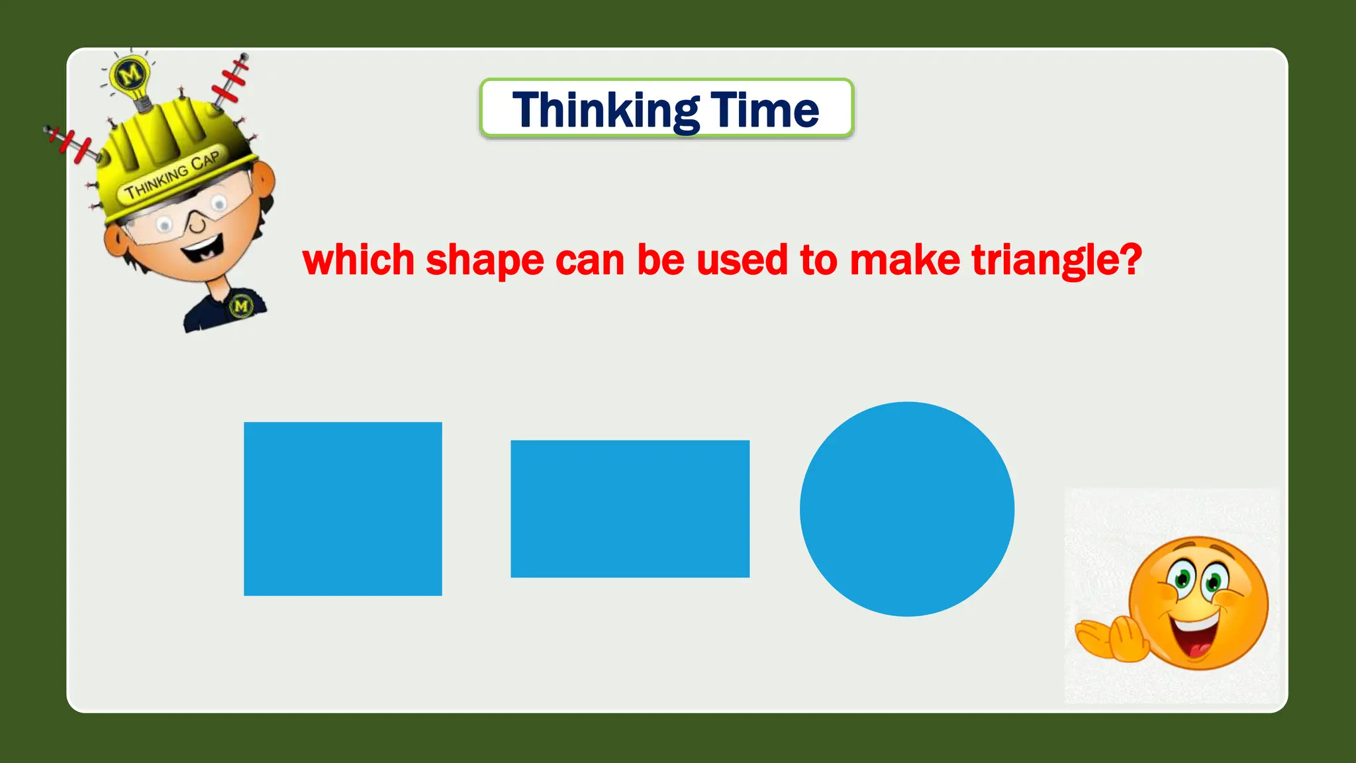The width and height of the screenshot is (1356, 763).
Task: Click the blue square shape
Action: (343, 509)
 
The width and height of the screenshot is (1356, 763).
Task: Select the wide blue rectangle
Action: (630, 509)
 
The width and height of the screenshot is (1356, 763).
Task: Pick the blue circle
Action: (907, 509)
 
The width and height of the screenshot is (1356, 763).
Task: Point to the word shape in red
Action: (485, 260)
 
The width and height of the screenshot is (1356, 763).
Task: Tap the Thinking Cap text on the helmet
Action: (172, 176)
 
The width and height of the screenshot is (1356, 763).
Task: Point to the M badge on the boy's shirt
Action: (241, 306)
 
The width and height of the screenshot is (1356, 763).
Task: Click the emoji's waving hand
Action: (1112, 638)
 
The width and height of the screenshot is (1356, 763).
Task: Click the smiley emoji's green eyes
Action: (1198, 580)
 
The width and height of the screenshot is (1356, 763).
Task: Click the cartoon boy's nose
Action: (197, 224)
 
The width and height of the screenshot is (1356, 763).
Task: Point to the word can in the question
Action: (590, 260)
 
